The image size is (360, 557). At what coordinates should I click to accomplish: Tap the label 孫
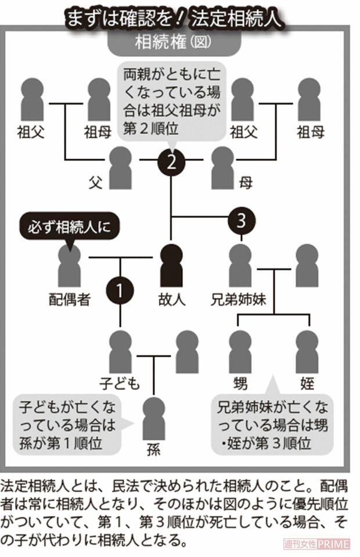point(154,449)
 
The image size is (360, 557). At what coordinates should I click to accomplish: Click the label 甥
point(240,383)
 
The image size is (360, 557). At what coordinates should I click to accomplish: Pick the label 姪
point(307,383)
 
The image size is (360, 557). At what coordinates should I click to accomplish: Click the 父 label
point(95,182)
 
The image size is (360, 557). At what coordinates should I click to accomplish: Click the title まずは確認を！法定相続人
point(174,17)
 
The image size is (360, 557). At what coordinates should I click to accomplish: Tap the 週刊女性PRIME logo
point(316,544)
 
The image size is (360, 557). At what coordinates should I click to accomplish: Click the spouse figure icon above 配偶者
point(70,267)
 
